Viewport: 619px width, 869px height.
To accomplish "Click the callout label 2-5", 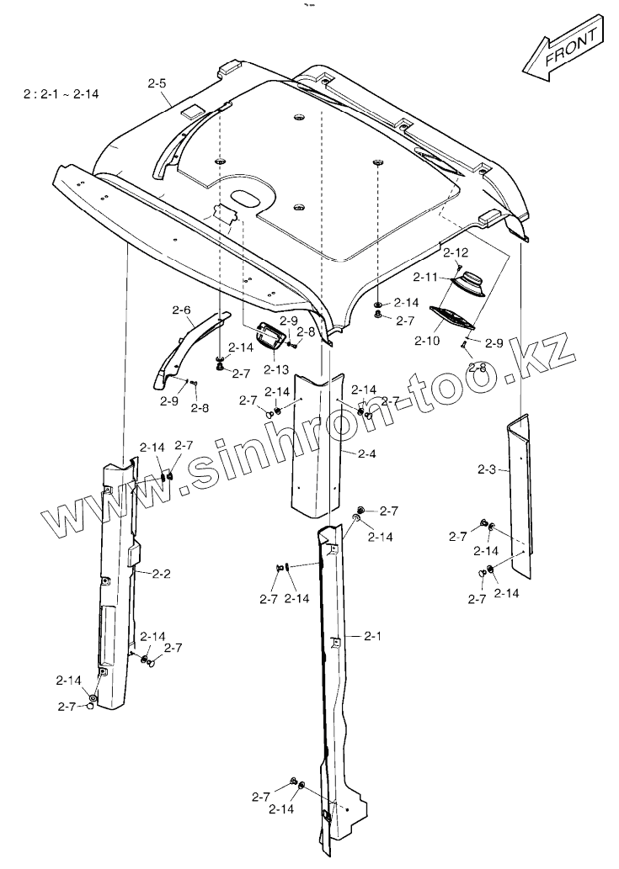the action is pyautogui.click(x=157, y=83).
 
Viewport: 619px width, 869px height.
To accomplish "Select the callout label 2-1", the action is pyautogui.click(x=373, y=637).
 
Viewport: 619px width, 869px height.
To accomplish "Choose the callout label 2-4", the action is pyautogui.click(x=366, y=454).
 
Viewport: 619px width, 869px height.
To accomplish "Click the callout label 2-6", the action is pyautogui.click(x=181, y=310).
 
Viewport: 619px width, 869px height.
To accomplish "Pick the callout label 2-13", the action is pyautogui.click(x=275, y=368).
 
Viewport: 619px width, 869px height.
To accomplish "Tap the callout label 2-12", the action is pyautogui.click(x=455, y=252).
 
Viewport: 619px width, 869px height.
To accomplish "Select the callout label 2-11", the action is pyautogui.click(x=426, y=276).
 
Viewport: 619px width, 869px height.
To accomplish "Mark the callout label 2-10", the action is pyautogui.click(x=428, y=340).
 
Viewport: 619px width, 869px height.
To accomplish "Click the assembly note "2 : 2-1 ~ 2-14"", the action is pyautogui.click(x=61, y=94).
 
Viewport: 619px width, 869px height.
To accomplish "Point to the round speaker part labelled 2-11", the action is pyautogui.click(x=468, y=283).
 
